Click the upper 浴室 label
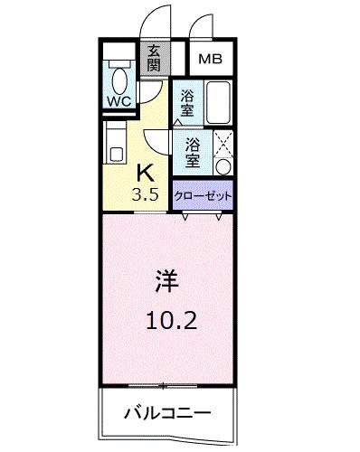[x=187, y=101]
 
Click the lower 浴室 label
[x=193, y=151]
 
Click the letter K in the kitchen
[x=143, y=173]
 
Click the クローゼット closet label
[x=202, y=195]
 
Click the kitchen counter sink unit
[x=115, y=142]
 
